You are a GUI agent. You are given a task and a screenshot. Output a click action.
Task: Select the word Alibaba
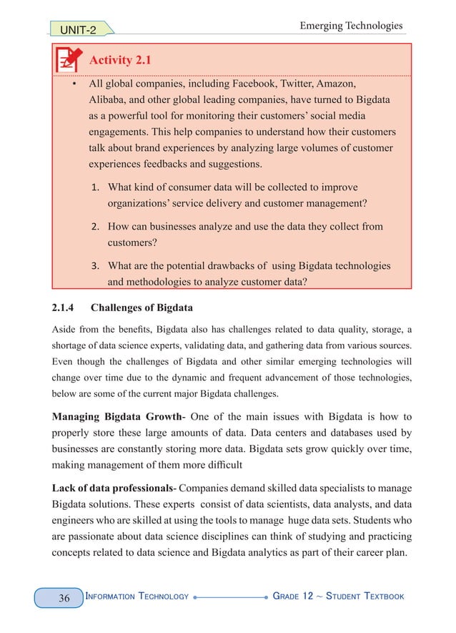tap(109, 100)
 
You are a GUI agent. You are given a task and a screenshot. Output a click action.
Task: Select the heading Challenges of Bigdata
tap(146, 308)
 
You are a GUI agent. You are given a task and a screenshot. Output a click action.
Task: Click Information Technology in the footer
tap(137, 597)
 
